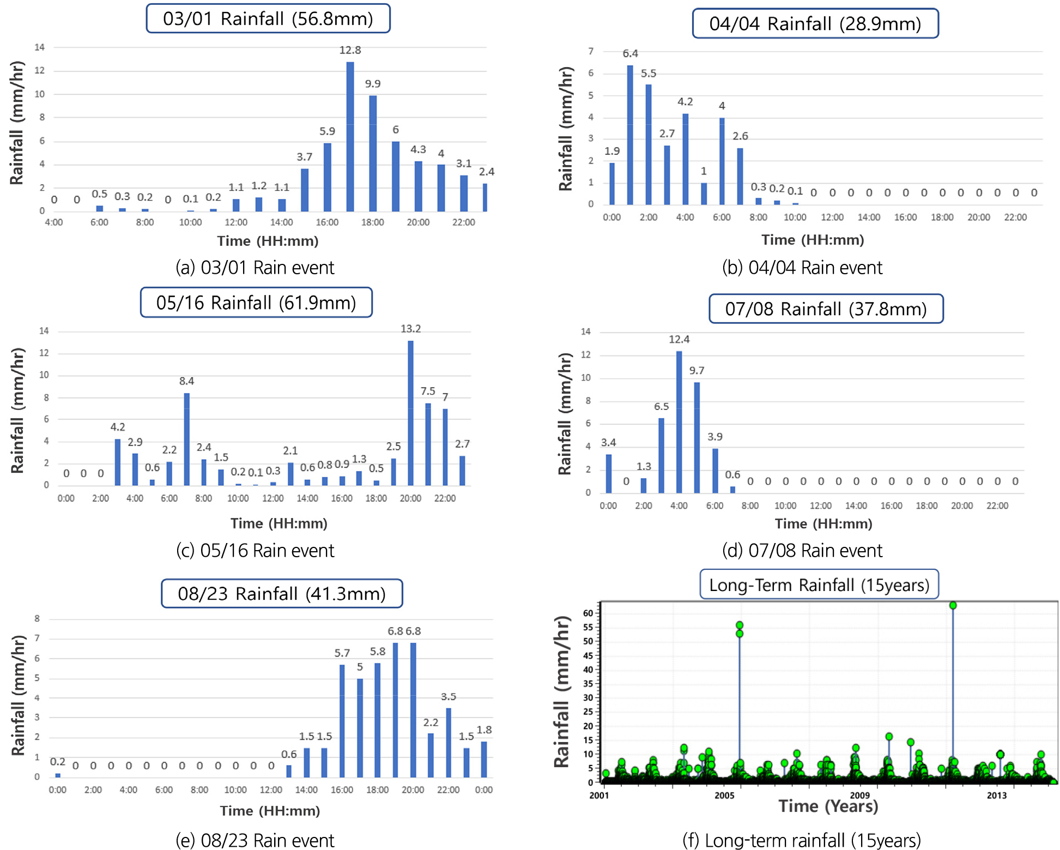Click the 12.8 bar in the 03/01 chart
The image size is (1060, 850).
tap(350, 136)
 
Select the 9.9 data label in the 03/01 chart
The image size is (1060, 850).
tap(373, 84)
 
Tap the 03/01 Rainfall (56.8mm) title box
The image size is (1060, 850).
tap(268, 19)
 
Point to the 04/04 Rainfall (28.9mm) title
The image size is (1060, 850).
tap(815, 24)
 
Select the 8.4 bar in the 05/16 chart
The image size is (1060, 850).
tap(186, 439)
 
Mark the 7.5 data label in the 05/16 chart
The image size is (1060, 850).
tap(428, 391)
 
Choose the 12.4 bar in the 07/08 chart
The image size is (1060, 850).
tap(679, 422)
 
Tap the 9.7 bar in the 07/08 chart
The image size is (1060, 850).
tap(696, 437)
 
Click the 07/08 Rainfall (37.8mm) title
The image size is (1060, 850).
tap(826, 309)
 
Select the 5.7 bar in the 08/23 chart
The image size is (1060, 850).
tap(342, 721)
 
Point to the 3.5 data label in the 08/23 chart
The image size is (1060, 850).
tap(449, 697)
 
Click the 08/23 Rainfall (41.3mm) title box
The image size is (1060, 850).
tap(282, 593)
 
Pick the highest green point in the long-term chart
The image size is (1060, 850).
tap(953, 605)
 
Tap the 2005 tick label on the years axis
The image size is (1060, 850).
tap(724, 795)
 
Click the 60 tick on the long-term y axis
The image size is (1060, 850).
tap(587, 613)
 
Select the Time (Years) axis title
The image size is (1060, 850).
tap(828, 806)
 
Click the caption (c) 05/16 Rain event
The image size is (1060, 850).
tap(255, 551)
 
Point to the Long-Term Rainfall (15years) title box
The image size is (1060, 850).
tap(819, 585)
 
